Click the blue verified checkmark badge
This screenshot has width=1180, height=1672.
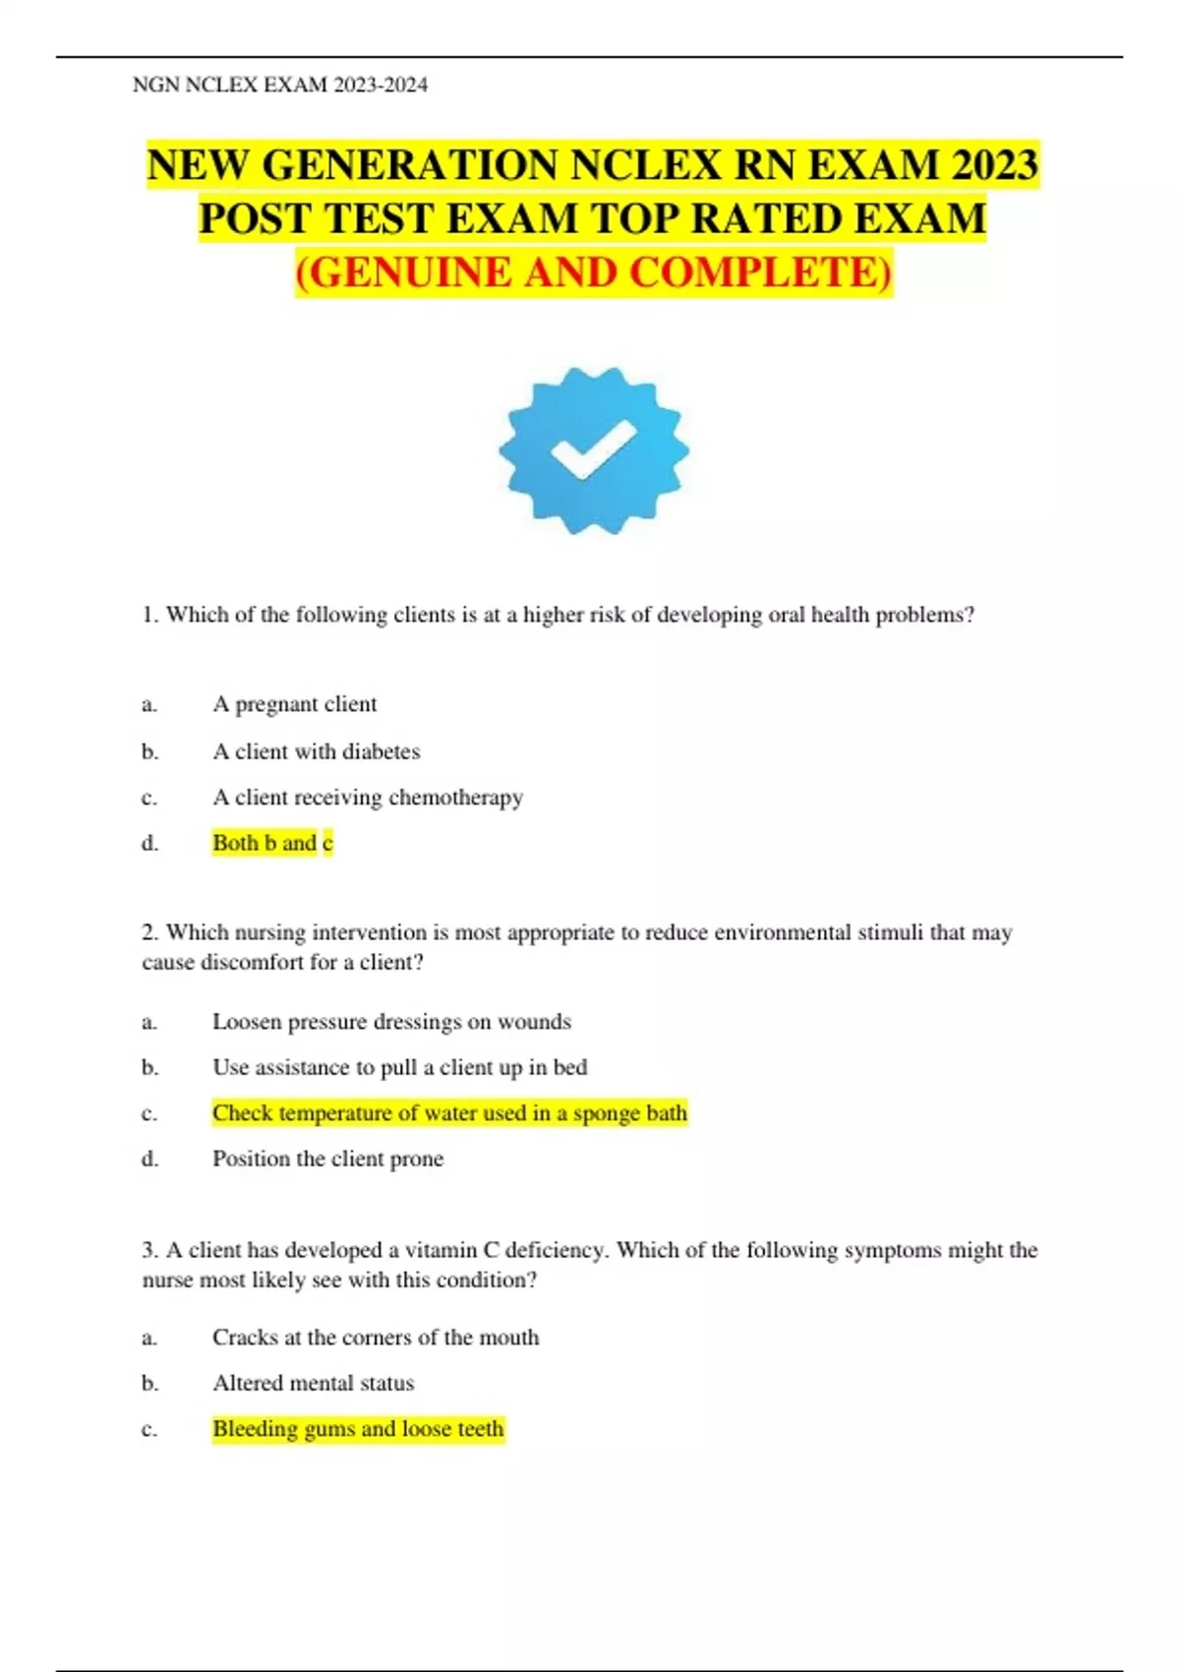coord(593,450)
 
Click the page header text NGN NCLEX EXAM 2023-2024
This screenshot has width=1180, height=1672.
coord(280,85)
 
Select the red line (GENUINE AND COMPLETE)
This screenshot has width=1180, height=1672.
coord(594,272)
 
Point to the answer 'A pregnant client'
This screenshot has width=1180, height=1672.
coord(294,704)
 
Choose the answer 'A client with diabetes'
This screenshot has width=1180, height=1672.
coord(316,751)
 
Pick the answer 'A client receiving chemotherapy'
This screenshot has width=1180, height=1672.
coord(368,797)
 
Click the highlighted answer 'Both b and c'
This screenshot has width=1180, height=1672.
coord(272,843)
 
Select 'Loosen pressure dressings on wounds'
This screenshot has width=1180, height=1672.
coord(391,1022)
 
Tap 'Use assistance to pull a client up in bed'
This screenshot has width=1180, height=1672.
coord(399,1067)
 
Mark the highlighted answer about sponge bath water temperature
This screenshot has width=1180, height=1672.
coord(449,1112)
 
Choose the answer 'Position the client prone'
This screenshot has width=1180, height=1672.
coord(327,1159)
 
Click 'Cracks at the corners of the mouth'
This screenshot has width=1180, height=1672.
coord(376,1338)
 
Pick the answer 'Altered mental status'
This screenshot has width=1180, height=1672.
coord(313,1383)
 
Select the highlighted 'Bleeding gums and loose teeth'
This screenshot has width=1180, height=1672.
coord(358,1428)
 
